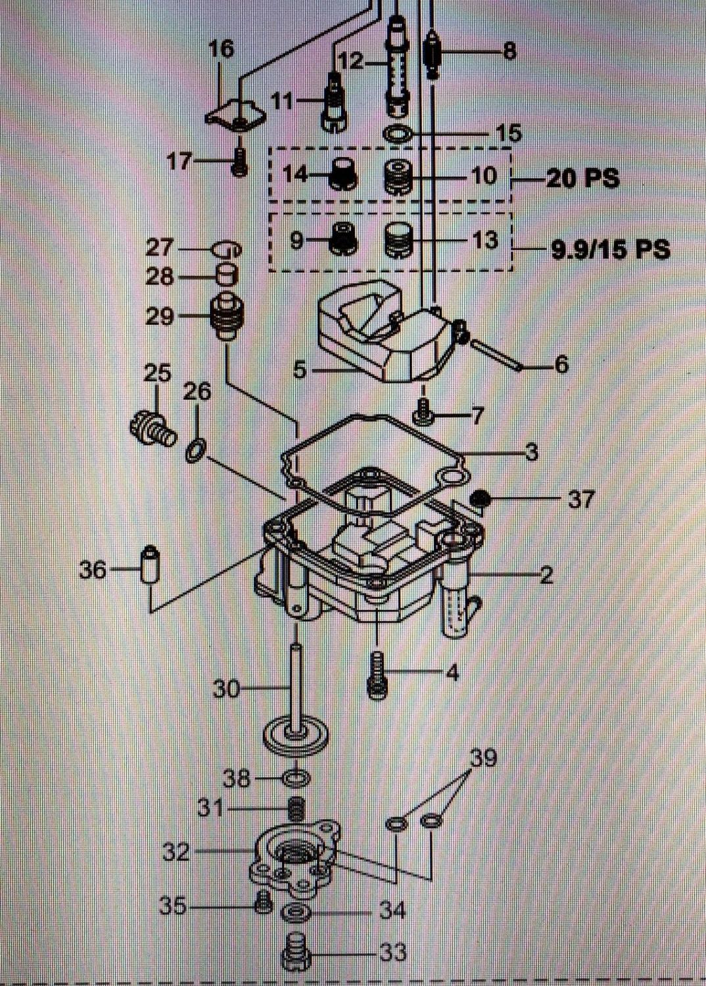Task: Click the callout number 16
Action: [x=222, y=49]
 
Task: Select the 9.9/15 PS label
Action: [x=609, y=250]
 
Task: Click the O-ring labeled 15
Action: [x=397, y=134]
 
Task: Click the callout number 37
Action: [x=580, y=500]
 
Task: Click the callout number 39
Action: [x=484, y=759]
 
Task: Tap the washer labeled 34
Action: [x=294, y=912]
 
